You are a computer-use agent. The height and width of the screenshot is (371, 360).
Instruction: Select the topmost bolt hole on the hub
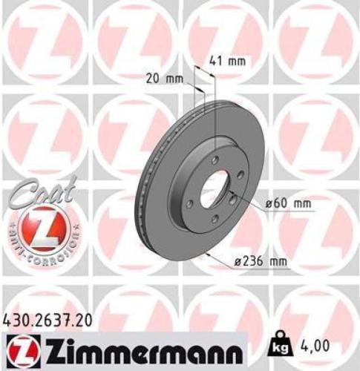(x=215, y=160)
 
